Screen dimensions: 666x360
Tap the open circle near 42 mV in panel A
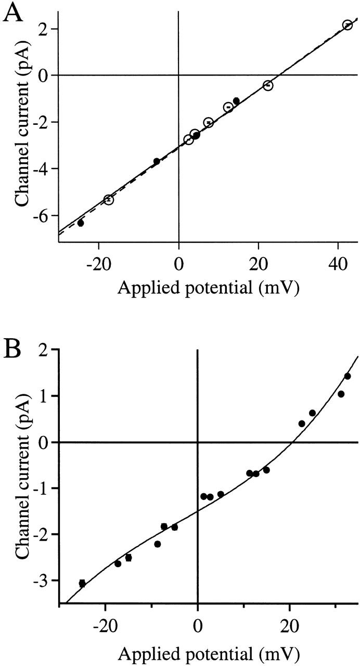tap(347, 25)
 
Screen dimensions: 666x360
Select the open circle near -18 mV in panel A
tap(108, 199)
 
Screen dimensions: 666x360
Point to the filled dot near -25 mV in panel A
tap(81, 223)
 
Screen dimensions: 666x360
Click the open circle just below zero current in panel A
tap(268, 85)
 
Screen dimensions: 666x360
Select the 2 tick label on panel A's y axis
tap(44, 29)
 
